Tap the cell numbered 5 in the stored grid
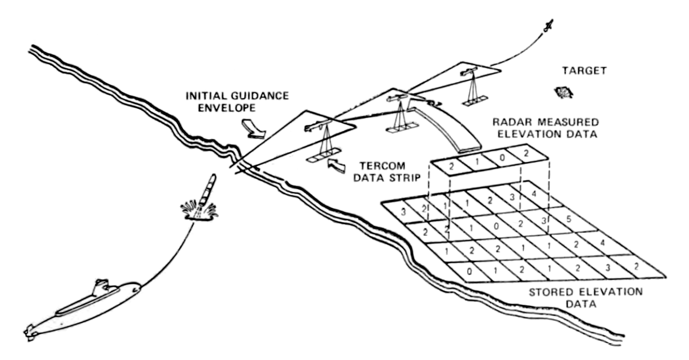click(570, 220)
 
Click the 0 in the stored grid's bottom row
click(469, 271)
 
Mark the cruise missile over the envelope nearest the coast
click(318, 127)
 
